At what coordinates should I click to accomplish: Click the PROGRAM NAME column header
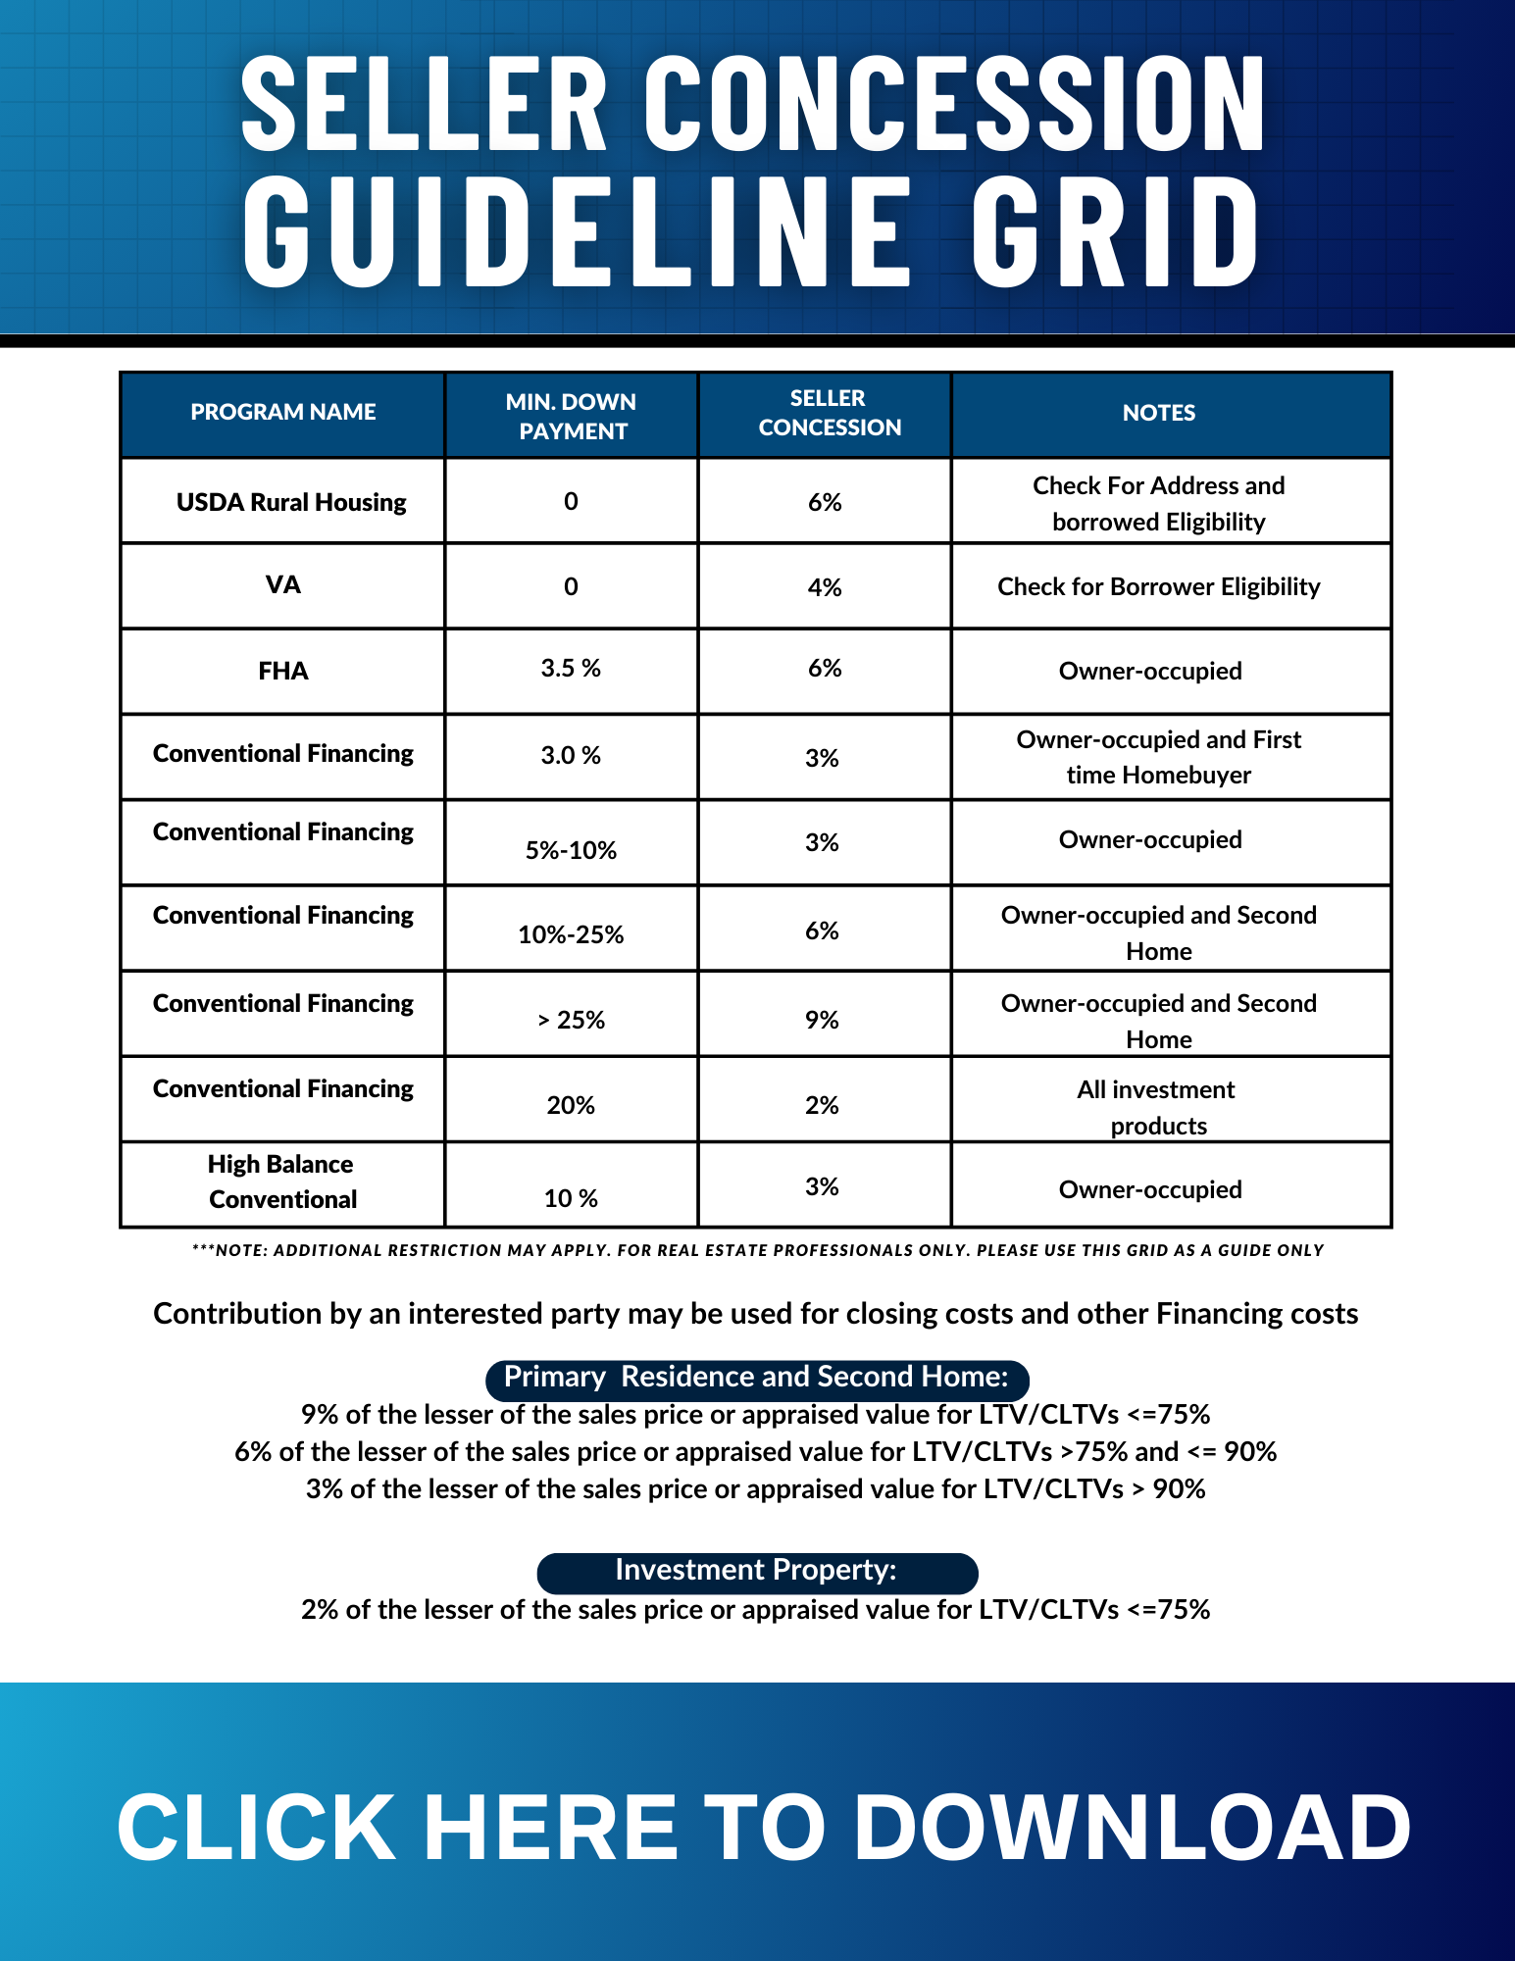coord(282,412)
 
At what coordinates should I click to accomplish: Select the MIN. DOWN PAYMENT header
coord(571,416)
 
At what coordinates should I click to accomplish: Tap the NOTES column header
coord(1158,413)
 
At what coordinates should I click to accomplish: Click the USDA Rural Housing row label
coord(291,502)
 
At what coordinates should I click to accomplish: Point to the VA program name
coord(282,585)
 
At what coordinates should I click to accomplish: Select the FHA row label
coord(282,671)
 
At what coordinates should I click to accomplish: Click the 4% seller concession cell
coord(824,587)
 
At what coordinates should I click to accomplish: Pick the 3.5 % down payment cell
coord(571,669)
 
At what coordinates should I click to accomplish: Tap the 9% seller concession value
coord(822,1020)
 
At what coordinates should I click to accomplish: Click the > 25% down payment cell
coord(571,1020)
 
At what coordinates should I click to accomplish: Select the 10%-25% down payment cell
coord(571,934)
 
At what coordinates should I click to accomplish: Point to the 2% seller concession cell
coord(822,1105)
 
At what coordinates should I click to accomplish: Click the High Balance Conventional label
coord(282,1182)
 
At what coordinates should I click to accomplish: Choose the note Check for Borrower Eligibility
coord(1158,586)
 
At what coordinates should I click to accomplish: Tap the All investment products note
coord(1157,1107)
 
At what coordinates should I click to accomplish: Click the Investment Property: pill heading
coord(756,1571)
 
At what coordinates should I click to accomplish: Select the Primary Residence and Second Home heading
coord(756,1378)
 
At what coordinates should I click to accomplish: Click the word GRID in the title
coord(1115,233)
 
